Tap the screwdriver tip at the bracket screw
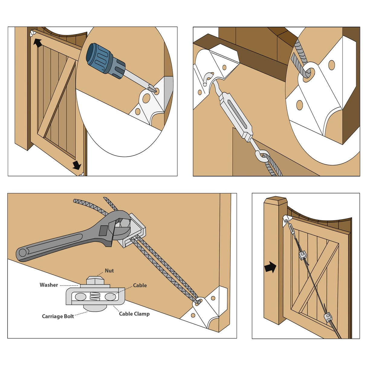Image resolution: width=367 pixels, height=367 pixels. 153,89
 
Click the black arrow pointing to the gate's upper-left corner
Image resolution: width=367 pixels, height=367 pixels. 37,43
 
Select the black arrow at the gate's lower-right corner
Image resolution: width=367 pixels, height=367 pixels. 77,165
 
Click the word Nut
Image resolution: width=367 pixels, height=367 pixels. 109,271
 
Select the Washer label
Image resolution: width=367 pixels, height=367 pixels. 49,285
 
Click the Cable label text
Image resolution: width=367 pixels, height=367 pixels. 140,285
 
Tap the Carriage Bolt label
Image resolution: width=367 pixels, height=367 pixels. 58,316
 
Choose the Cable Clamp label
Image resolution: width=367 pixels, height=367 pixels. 134,314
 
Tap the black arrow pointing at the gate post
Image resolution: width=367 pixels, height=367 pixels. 270,267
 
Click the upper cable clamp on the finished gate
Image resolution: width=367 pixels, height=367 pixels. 303,256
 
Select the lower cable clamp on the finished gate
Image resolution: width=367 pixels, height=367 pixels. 327,317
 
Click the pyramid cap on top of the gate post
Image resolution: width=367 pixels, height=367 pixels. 275,200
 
